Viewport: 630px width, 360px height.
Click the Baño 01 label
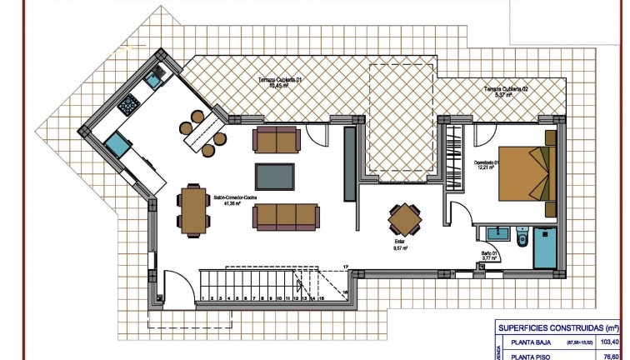(488, 258)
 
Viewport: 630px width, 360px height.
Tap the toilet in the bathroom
(522, 239)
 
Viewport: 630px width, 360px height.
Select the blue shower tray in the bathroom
(546, 247)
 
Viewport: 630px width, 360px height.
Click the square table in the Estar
(405, 220)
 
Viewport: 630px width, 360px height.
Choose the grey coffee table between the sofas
(275, 177)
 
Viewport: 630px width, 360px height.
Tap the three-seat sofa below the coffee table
(287, 217)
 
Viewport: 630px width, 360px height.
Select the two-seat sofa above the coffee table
(276, 141)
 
